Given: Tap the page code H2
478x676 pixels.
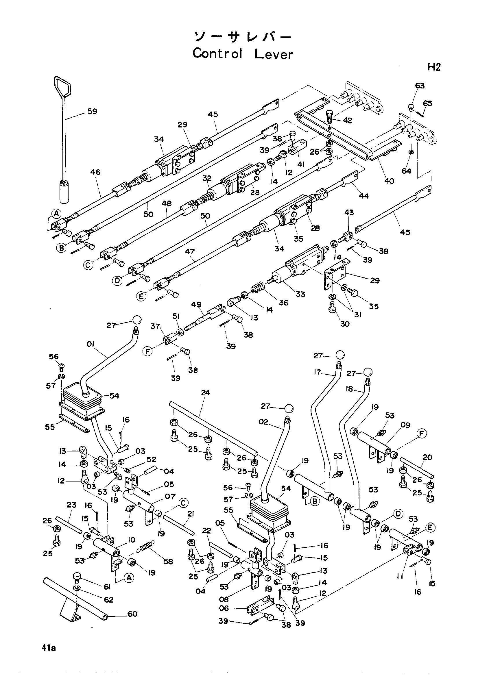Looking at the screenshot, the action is pyautogui.click(x=434, y=67).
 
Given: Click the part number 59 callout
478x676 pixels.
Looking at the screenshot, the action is pyautogui.click(x=93, y=111).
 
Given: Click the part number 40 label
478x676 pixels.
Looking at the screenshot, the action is pyautogui.click(x=389, y=181).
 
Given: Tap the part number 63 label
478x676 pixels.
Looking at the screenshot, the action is pyautogui.click(x=420, y=86).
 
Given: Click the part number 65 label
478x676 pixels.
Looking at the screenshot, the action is pyautogui.click(x=427, y=103).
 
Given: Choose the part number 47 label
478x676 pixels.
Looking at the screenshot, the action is pyautogui.click(x=190, y=252).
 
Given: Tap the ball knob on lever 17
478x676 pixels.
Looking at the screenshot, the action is pyautogui.click(x=340, y=355).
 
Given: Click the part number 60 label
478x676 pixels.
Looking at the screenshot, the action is pyautogui.click(x=132, y=614).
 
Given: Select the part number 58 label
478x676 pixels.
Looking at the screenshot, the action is pyautogui.click(x=168, y=562).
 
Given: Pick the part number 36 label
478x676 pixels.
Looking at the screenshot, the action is pyautogui.click(x=284, y=303).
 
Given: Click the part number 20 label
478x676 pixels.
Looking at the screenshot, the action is pyautogui.click(x=427, y=457).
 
